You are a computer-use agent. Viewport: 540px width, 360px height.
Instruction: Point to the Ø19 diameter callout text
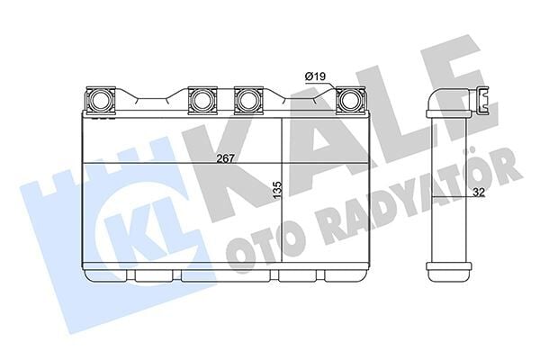(x=314, y=77)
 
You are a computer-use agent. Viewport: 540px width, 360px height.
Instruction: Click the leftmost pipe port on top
(x=99, y=98)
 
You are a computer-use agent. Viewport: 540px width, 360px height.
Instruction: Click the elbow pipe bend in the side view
(x=436, y=99)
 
